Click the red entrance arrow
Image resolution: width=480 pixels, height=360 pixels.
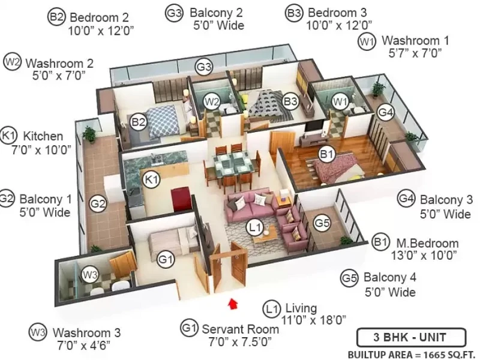(x=233, y=304)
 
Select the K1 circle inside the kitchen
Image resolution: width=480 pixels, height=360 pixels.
(x=151, y=179)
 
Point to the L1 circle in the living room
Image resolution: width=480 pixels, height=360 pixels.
(x=255, y=227)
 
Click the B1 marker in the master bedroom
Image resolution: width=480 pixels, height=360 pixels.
(x=326, y=154)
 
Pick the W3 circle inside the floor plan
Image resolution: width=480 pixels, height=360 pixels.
(x=90, y=275)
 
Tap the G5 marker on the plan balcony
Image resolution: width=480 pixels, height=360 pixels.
(x=322, y=223)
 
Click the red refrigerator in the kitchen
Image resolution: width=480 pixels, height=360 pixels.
(x=181, y=200)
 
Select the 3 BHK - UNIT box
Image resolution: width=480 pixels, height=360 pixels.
(x=411, y=338)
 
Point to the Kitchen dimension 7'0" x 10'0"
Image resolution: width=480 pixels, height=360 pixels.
(x=41, y=151)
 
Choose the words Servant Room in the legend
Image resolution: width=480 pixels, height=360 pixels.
(x=241, y=329)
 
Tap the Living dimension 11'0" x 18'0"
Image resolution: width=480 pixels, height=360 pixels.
(x=313, y=320)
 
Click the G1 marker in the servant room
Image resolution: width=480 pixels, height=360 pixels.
(x=166, y=260)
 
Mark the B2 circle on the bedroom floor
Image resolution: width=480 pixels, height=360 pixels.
(x=139, y=122)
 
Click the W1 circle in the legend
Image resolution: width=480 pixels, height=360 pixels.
(x=367, y=41)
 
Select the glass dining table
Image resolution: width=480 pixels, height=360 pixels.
(x=233, y=164)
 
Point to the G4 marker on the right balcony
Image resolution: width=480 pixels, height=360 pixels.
(x=385, y=112)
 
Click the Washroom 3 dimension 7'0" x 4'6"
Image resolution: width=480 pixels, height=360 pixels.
(x=83, y=346)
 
